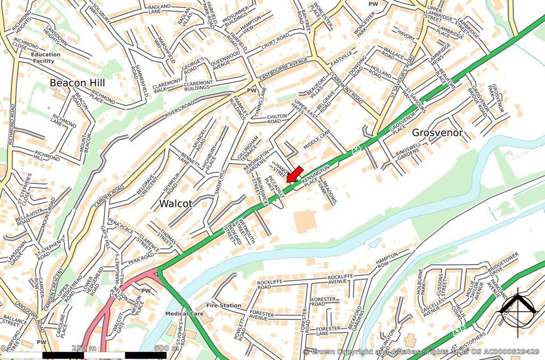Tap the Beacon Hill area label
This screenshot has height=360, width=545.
click(x=77, y=83)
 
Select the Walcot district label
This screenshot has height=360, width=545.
click(x=176, y=203)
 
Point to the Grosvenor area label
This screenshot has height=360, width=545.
click(x=437, y=132)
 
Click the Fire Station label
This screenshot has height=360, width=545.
click(x=224, y=306)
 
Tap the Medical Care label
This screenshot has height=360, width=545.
click(x=184, y=314)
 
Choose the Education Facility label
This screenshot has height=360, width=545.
click(x=46, y=57)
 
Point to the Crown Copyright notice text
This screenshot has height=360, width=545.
click(x=421, y=352)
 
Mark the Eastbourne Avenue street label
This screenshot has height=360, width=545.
click(x=285, y=70)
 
